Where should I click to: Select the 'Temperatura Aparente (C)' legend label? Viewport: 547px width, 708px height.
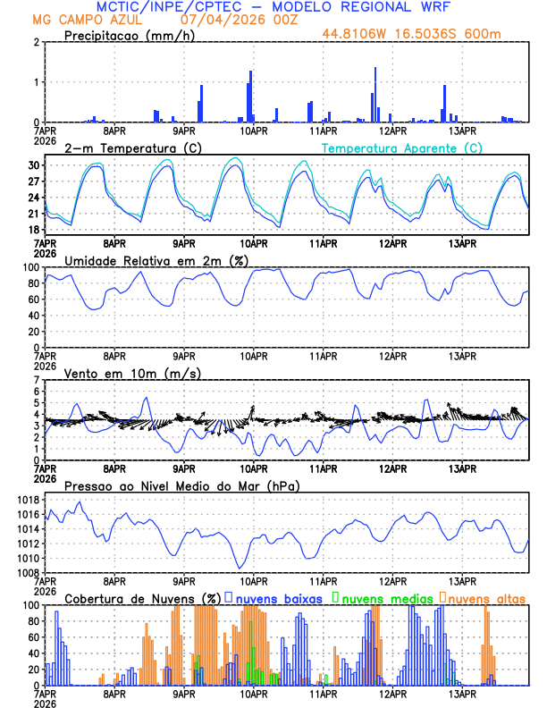click(402, 147)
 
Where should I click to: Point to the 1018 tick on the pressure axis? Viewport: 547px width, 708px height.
click(28, 500)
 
